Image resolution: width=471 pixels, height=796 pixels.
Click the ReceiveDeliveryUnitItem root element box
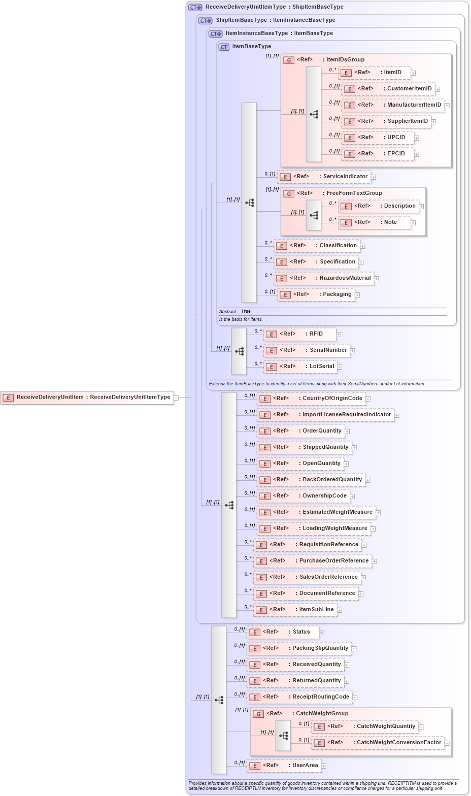click(87, 397)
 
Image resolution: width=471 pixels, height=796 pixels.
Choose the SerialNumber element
click(307, 350)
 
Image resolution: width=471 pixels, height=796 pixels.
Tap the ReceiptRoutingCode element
click(299, 697)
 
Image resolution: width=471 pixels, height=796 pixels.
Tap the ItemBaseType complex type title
click(251, 47)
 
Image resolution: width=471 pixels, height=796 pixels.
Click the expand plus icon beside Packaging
click(357, 295)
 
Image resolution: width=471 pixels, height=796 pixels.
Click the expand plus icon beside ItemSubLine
click(340, 610)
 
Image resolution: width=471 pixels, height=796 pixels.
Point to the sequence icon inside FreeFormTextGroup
click(314, 215)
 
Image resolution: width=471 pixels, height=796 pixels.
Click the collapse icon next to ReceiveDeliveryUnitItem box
click(176, 398)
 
